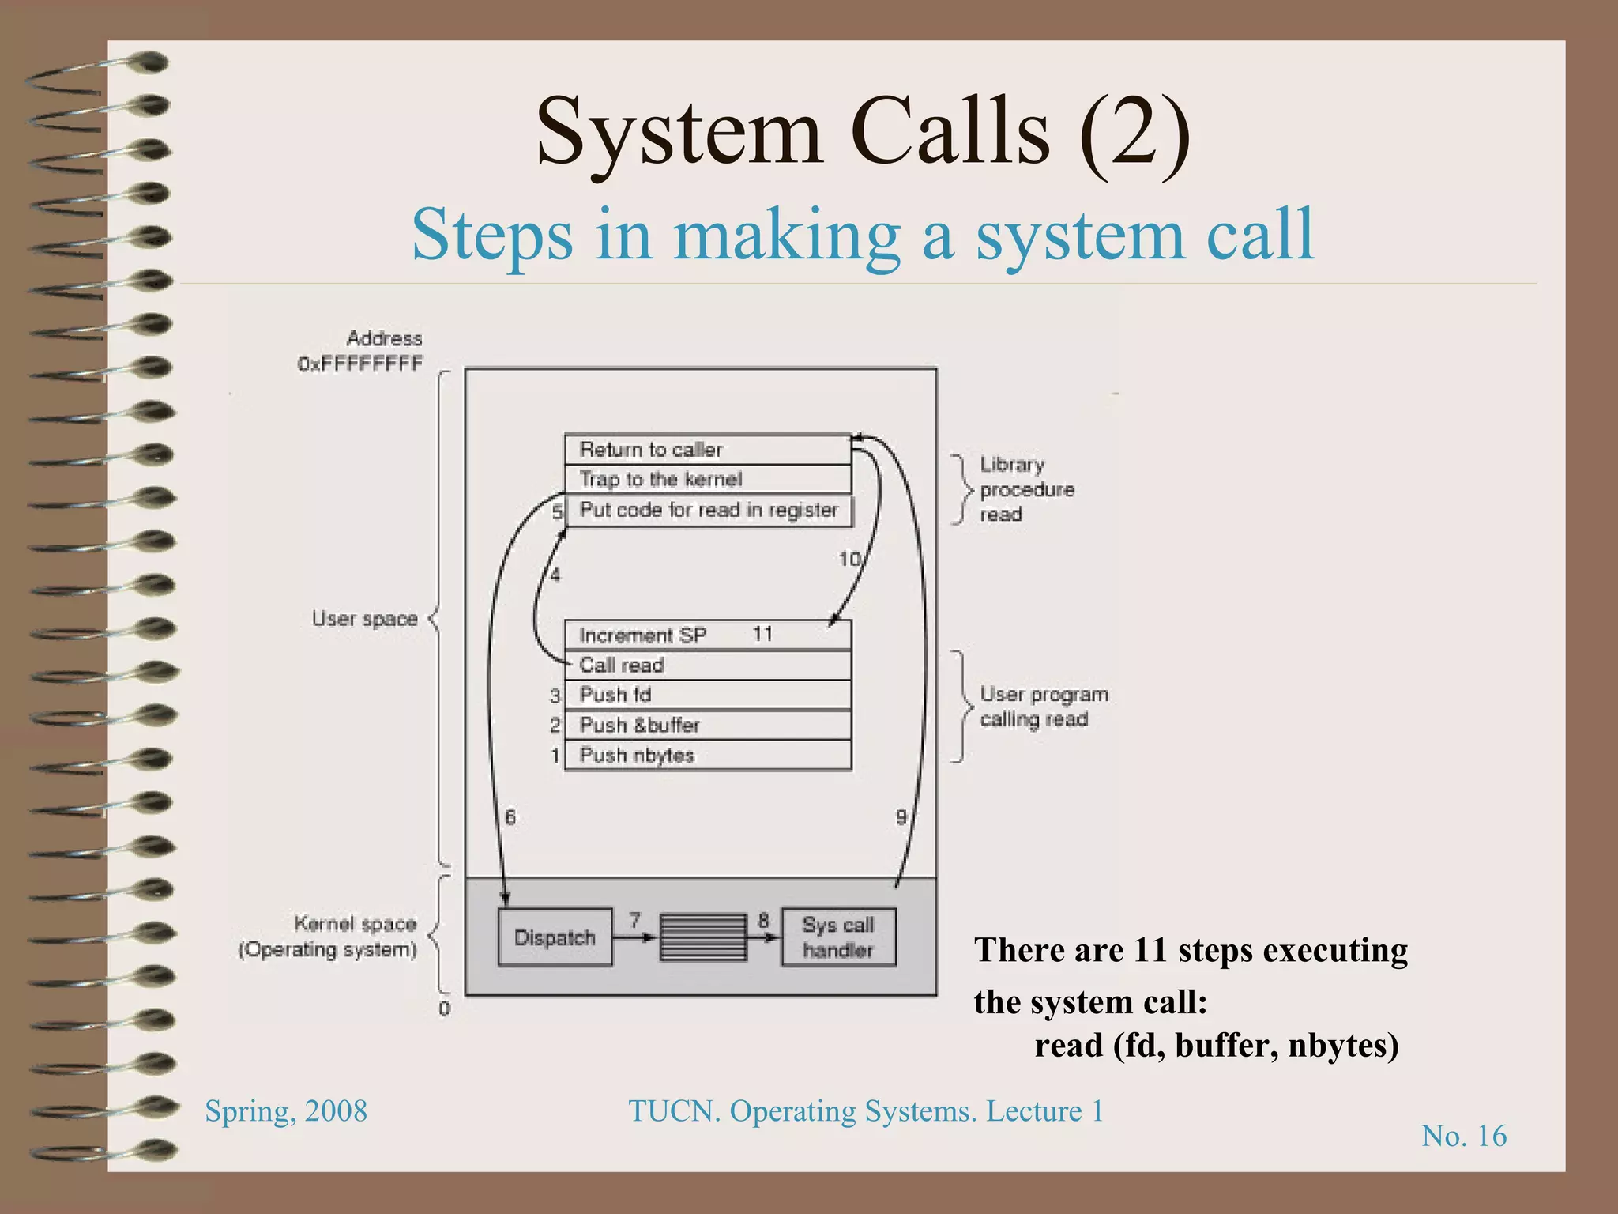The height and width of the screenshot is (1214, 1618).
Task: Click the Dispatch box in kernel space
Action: [x=555, y=937]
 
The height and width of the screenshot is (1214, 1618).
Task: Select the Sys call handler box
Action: [x=838, y=937]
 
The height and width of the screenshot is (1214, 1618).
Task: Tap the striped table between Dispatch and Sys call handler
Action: [x=702, y=937]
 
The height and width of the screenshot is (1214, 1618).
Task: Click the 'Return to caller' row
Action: [x=707, y=450]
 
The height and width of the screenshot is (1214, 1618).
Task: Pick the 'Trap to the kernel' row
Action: [x=707, y=480]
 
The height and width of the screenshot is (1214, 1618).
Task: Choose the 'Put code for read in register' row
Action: [x=709, y=511]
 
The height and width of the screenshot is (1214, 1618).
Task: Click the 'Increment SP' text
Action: [x=642, y=635]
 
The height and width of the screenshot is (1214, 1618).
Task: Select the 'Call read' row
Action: [x=707, y=665]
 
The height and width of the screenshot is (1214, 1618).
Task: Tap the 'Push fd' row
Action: [x=707, y=696]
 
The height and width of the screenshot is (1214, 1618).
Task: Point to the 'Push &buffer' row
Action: [x=707, y=726]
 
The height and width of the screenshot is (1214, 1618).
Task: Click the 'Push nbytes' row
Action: [x=707, y=756]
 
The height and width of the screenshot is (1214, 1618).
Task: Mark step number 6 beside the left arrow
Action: [x=510, y=817]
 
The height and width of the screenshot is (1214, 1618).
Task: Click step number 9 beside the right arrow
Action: [x=901, y=817]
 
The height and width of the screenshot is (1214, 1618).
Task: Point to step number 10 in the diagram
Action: [x=849, y=560]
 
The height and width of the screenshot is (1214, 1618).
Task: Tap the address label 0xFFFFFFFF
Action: [x=360, y=364]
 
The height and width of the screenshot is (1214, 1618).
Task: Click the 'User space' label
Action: [x=364, y=619]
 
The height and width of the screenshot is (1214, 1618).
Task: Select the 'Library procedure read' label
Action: [x=1026, y=489]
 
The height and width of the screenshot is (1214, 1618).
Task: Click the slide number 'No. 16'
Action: [x=1464, y=1137]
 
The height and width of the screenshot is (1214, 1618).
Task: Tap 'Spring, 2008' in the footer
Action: [x=286, y=1111]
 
